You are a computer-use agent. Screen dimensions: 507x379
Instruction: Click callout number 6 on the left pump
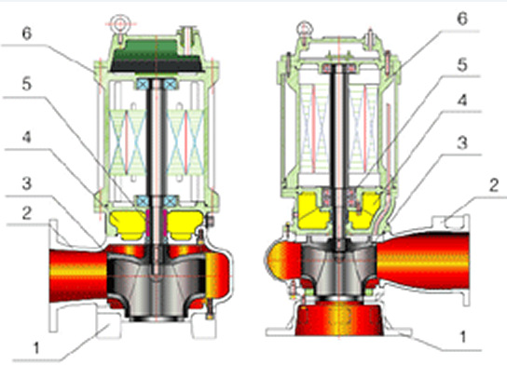pos(27,34)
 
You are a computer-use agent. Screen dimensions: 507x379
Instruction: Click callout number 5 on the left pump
pos(26,84)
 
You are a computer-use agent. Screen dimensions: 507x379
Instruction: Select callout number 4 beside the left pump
pos(26,137)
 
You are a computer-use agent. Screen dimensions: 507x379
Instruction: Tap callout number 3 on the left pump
pos(26,183)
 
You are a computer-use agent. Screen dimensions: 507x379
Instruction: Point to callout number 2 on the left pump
pos(27,213)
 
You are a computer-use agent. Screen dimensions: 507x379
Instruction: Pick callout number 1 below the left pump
pos(36,348)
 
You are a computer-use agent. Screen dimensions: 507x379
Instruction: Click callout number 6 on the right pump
pos(462,19)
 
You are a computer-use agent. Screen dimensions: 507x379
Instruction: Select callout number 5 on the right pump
pos(462,65)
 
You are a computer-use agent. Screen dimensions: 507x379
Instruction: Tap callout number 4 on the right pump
pos(462,101)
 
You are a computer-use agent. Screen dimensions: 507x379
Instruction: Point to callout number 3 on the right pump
pos(462,143)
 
